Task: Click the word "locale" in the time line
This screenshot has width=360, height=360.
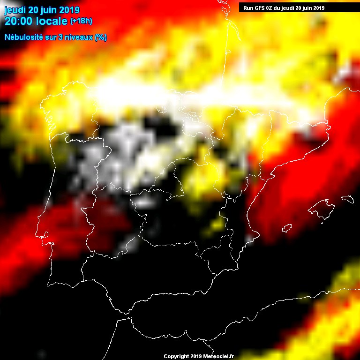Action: (51, 21)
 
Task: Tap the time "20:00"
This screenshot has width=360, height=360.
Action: (18, 21)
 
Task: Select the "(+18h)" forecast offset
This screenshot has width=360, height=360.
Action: (81, 21)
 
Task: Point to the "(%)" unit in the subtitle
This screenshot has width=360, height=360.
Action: (100, 37)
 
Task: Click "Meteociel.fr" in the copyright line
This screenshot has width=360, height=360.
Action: (221, 357)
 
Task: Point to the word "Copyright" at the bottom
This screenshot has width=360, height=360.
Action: (176, 357)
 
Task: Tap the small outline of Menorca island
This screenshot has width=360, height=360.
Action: (347, 199)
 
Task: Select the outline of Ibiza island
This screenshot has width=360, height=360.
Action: (287, 228)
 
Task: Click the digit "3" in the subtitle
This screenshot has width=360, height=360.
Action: (59, 37)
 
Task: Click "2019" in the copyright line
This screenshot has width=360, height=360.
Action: (196, 357)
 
